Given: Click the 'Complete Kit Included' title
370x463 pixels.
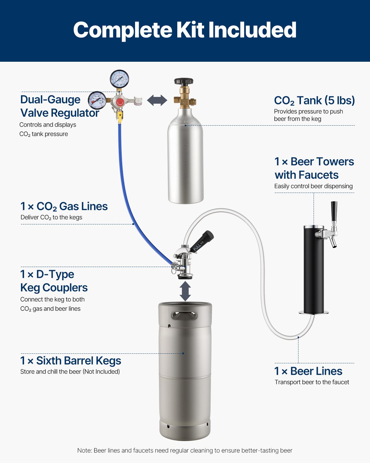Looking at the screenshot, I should point(185,30).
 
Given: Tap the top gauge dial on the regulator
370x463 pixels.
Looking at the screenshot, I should point(119,79).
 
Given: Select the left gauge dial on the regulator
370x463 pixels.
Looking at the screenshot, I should point(97,100).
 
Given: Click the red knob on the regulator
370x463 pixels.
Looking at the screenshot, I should point(120,102).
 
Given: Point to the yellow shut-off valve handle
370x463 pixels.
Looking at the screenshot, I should point(119,116).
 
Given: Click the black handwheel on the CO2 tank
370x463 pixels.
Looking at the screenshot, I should point(184,81).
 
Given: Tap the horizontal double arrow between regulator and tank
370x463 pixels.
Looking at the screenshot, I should point(157,100).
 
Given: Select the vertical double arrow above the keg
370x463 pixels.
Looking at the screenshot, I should point(185,291).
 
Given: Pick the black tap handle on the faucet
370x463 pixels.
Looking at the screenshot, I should point(334,211).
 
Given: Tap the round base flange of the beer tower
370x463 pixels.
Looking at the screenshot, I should point(314,313).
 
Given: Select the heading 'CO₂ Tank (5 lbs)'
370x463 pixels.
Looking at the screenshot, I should point(314,101).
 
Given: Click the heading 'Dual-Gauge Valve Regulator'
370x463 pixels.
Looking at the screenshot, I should point(60,106).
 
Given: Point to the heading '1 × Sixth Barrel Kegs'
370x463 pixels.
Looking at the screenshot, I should point(71,361).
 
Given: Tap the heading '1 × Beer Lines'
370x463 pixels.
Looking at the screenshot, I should point(308,371).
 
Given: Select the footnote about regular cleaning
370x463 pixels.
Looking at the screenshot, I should point(185,450).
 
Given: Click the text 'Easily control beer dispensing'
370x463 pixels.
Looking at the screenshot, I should point(313,186).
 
